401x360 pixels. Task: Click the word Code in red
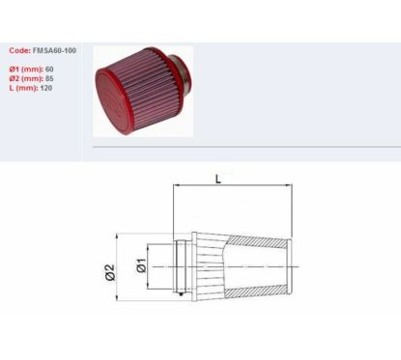point(19,50)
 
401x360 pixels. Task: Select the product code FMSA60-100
point(54,50)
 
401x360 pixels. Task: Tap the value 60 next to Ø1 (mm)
point(49,69)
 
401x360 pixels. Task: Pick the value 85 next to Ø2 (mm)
point(49,78)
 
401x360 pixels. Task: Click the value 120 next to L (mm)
point(46,88)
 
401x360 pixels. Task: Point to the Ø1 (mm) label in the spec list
point(26,69)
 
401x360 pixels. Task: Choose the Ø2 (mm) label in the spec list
point(26,78)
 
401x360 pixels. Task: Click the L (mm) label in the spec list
point(23,88)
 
